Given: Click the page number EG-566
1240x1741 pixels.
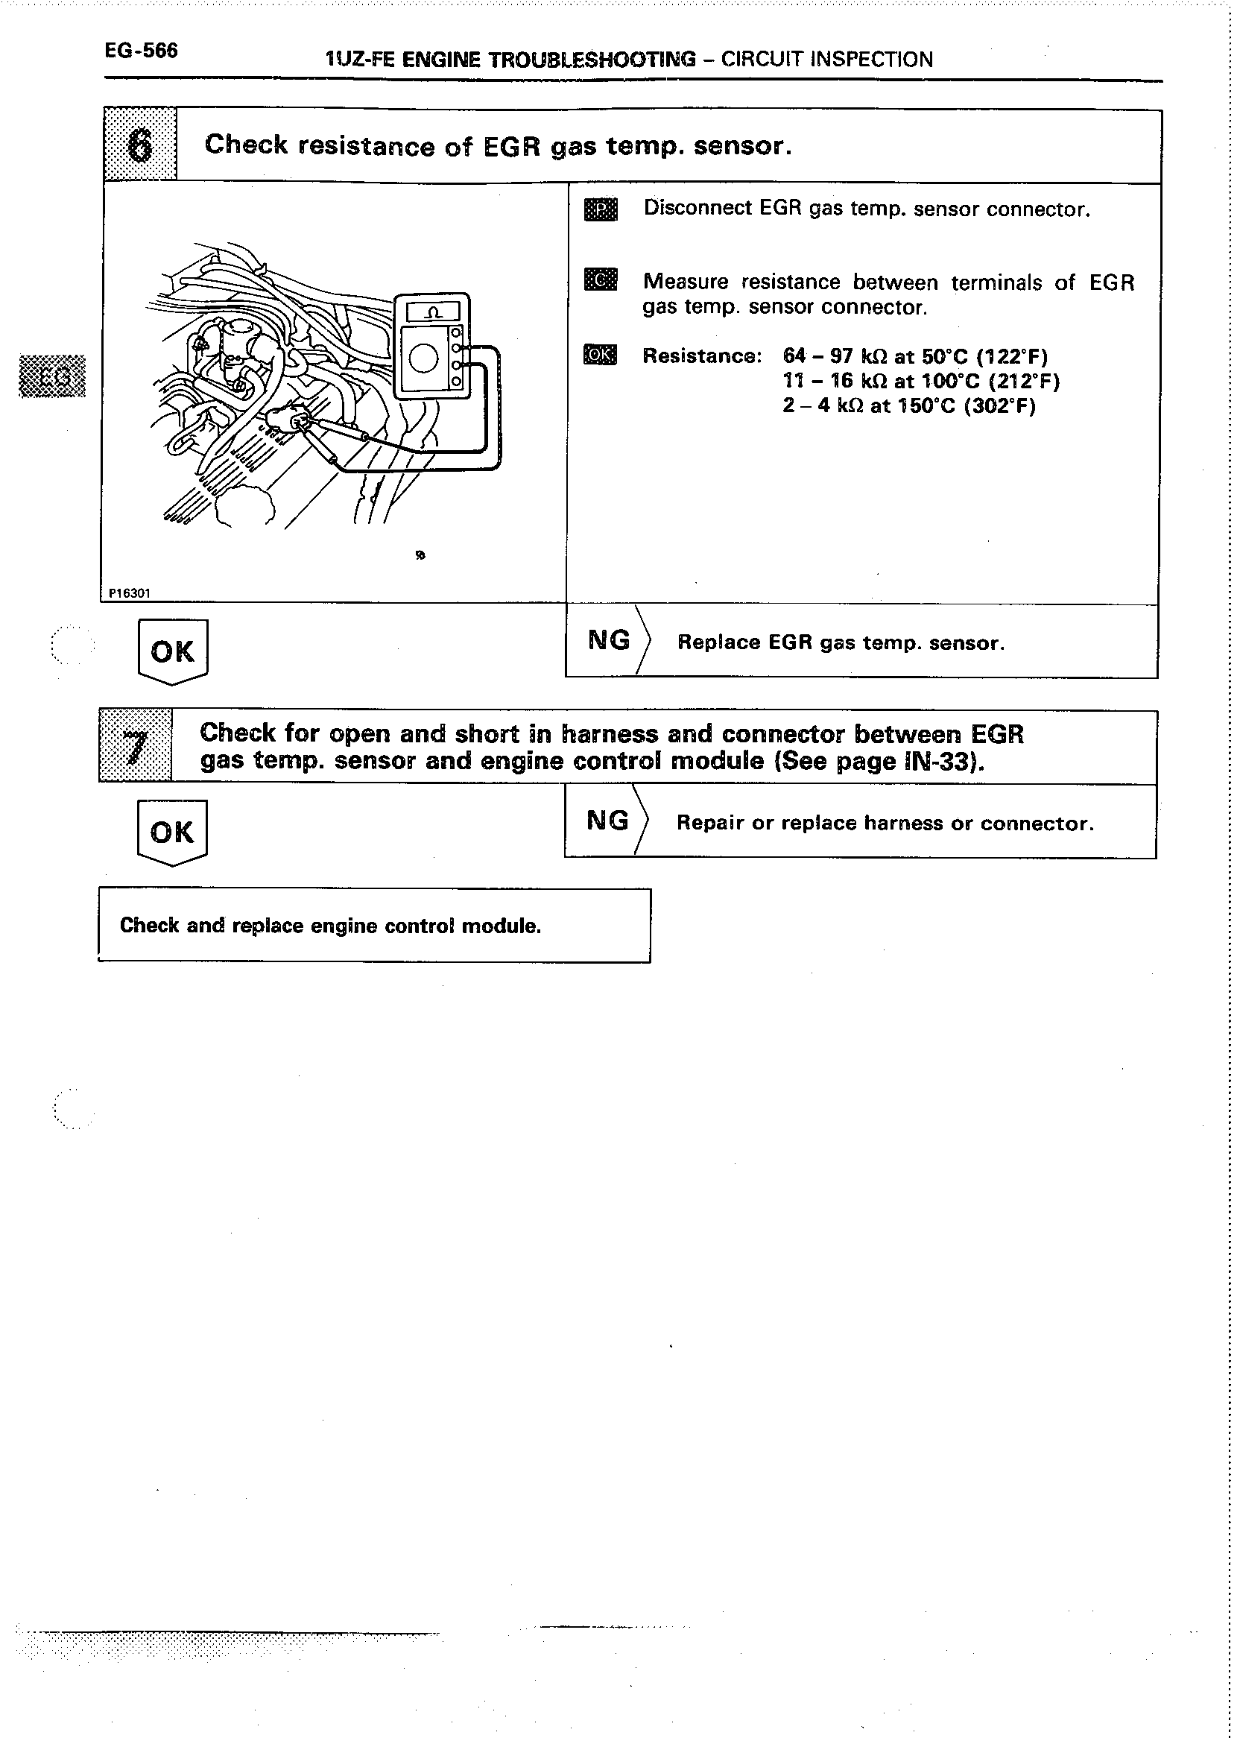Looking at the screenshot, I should point(142,51).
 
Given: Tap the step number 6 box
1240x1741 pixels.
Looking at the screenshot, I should point(140,145).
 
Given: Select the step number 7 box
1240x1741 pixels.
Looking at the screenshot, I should point(135,746).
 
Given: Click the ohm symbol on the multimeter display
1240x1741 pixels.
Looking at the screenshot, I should point(433,312).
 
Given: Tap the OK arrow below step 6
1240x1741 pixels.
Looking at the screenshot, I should point(173,651).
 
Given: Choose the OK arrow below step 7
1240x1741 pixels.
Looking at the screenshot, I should point(172,832).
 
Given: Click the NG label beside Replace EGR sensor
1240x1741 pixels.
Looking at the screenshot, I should point(609,640).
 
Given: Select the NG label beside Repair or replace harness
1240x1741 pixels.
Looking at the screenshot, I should point(608,820).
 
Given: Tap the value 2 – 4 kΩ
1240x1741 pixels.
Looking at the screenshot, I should point(823,405).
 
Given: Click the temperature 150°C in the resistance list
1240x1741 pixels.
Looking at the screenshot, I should point(926,405).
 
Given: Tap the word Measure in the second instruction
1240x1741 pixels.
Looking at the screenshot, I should point(686,282).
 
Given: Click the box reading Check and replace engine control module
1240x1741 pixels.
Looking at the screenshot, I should point(374,925).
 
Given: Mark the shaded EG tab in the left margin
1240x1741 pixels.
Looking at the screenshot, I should point(52,376).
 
